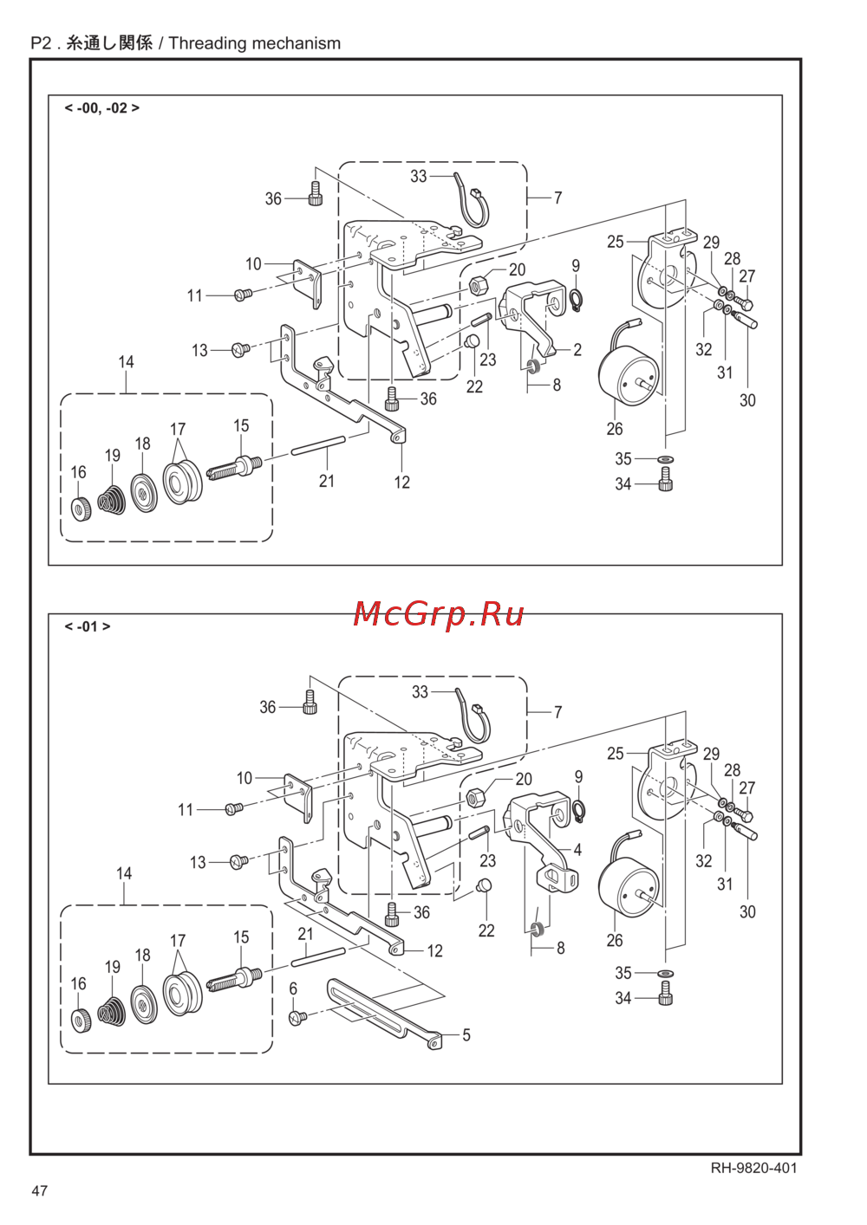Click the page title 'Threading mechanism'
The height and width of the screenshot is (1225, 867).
[254, 43]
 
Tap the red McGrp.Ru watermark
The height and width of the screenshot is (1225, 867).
[439, 613]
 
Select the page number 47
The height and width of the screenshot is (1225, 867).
[40, 1190]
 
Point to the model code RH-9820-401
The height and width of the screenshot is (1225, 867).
[753, 1168]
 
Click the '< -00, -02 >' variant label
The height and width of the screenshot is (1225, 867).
[101, 108]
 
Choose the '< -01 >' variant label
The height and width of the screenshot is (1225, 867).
[88, 626]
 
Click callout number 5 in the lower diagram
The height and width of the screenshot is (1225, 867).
[466, 1035]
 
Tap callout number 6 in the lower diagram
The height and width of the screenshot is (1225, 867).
[293, 988]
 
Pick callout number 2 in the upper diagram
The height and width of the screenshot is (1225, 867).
[577, 350]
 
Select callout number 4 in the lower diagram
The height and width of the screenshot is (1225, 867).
[577, 850]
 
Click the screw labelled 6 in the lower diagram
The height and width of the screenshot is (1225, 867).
[297, 1015]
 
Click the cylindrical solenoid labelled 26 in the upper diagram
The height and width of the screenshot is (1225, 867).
[628, 373]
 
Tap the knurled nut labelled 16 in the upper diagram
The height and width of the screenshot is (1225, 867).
[81, 509]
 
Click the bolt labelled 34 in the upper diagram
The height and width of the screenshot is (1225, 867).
[665, 479]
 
